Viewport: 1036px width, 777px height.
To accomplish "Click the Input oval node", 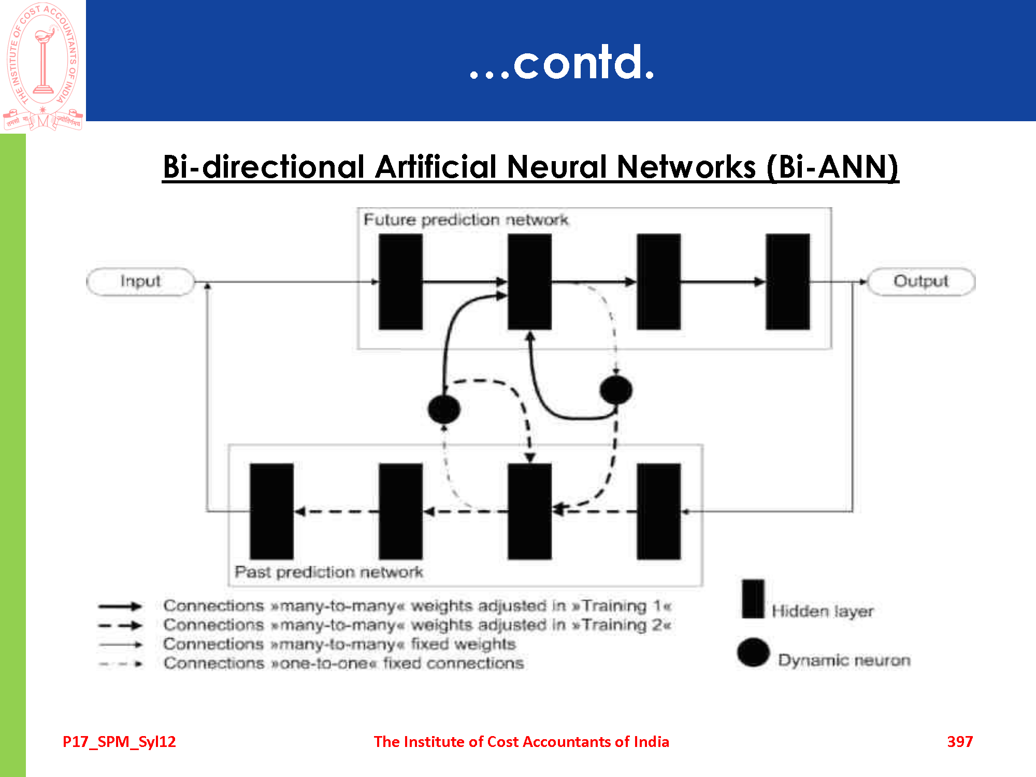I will click(140, 281).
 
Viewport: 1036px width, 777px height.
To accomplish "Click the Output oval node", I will click(920, 281).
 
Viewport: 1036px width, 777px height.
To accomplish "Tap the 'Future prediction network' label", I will click(466, 220).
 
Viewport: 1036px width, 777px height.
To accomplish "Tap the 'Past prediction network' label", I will click(328, 572).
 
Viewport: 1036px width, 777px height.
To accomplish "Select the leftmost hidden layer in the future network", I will click(400, 281).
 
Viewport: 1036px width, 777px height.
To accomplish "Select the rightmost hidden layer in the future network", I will click(787, 281).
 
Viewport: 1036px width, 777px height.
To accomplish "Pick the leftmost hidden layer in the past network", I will click(271, 511).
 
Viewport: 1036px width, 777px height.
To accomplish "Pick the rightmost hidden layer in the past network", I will click(658, 511).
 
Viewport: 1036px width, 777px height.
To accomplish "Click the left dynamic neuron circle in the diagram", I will click(444, 409).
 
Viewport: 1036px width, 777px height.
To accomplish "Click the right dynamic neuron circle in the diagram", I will click(615, 390).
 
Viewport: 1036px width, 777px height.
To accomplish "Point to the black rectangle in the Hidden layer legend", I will click(753, 599).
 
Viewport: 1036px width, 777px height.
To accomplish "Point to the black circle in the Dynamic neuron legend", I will click(753, 652).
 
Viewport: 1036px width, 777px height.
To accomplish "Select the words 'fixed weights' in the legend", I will click(463, 644).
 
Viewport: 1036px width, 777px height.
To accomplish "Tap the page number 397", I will click(960, 741).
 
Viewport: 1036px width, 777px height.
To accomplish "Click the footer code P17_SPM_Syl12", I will click(119, 741).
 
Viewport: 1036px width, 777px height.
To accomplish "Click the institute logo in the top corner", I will click(43, 66).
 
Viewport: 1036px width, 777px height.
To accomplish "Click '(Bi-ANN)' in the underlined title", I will click(832, 167).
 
